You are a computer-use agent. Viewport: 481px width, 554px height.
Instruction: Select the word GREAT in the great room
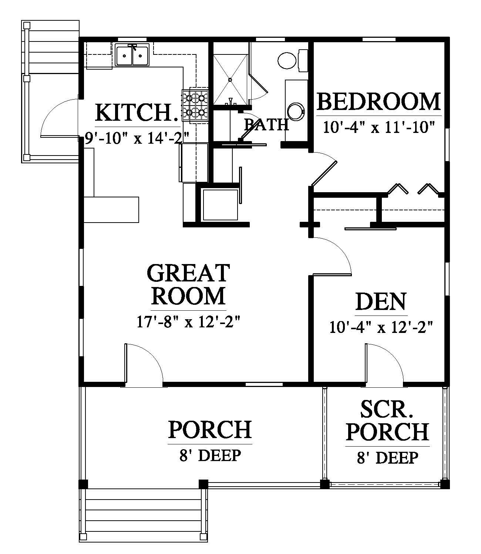pyautogui.click(x=189, y=273)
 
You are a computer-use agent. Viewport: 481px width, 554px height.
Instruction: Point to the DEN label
pyautogui.click(x=381, y=301)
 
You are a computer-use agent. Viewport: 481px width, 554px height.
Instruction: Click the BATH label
pyautogui.click(x=266, y=125)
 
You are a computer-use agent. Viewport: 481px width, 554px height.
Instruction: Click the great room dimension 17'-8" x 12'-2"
pyautogui.click(x=189, y=322)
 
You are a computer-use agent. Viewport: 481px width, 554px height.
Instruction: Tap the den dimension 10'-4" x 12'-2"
pyautogui.click(x=381, y=327)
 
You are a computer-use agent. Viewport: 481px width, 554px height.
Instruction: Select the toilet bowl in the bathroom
pyautogui.click(x=287, y=61)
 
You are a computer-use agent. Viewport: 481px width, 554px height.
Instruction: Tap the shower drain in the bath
pyautogui.click(x=230, y=80)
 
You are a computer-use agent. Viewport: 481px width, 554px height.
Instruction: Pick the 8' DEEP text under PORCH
pyautogui.click(x=210, y=456)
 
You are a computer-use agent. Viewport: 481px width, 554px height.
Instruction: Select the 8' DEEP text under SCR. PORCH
pyautogui.click(x=387, y=458)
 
